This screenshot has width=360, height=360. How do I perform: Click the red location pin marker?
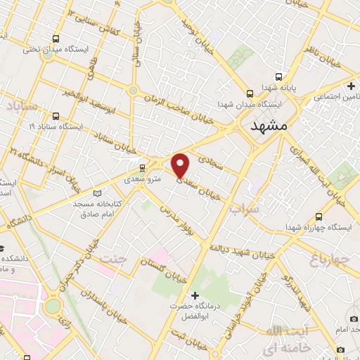pyautogui.click(x=181, y=165)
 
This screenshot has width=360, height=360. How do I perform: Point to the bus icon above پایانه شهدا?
pyautogui.click(x=279, y=77)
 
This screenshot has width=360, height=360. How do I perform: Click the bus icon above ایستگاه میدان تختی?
pyautogui.click(x=56, y=38)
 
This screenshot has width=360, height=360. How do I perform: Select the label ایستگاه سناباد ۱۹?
pyautogui.click(x=57, y=127)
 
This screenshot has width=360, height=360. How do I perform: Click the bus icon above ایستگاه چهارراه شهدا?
pyautogui.click(x=320, y=217)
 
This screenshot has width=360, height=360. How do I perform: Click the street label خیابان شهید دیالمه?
pyautogui.click(x=243, y=238)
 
